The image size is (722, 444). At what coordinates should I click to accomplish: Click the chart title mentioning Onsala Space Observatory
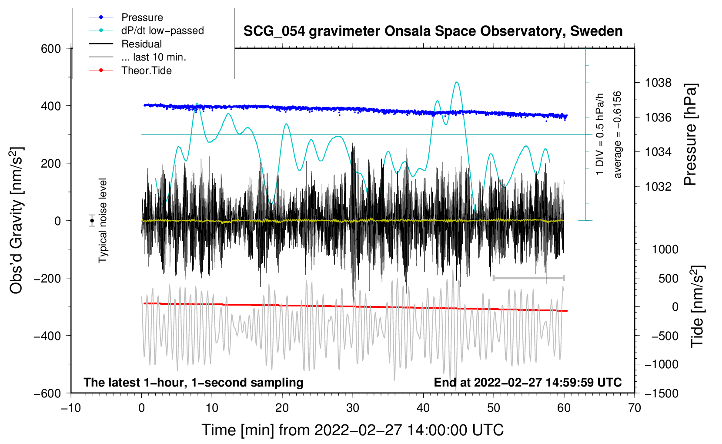(x=433, y=31)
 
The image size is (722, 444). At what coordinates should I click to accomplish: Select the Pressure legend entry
(x=142, y=17)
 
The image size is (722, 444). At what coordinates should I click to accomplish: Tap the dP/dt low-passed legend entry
(x=162, y=30)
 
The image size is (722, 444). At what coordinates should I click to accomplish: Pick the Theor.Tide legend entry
(x=146, y=71)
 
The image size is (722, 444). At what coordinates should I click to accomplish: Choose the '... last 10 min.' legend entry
(x=154, y=57)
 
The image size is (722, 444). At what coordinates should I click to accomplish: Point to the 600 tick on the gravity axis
(x=51, y=48)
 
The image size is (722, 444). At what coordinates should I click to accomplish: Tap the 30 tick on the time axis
(x=353, y=408)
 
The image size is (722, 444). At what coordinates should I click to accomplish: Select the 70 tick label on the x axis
(x=635, y=408)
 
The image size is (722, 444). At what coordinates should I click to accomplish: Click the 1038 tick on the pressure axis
(x=658, y=83)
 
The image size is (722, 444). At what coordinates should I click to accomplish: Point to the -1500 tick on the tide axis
(x=662, y=393)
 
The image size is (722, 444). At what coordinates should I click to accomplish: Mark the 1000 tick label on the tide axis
(x=665, y=249)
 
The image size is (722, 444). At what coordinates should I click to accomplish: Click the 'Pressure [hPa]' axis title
(x=690, y=135)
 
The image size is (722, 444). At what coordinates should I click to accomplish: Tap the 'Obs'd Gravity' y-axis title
(x=16, y=221)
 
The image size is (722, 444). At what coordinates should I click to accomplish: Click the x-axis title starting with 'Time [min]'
(x=353, y=430)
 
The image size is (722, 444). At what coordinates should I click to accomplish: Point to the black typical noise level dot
(x=92, y=221)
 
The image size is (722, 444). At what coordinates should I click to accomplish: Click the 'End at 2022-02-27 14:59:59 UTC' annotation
(x=528, y=382)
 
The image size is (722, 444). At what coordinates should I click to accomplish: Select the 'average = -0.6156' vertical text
(x=618, y=135)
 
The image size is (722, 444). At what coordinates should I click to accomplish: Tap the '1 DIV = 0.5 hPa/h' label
(x=600, y=135)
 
